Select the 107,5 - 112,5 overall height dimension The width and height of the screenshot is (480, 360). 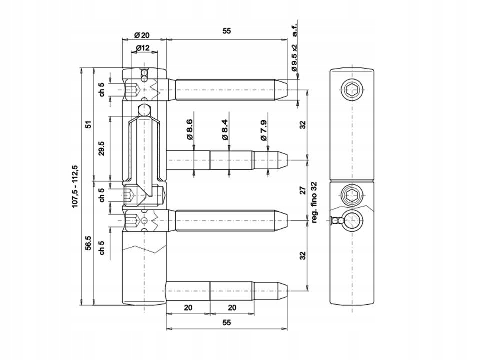pos(75,186)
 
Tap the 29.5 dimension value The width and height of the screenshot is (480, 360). pos(101,149)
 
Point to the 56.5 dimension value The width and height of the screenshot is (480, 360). pos(88,243)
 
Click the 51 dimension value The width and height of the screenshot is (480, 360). pos(88,125)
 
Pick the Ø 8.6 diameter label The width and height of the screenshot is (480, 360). pos(190,129)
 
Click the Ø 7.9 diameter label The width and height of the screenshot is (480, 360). pos(263,129)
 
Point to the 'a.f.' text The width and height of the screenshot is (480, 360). pos(295,31)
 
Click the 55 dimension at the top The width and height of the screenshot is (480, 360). pos(226,31)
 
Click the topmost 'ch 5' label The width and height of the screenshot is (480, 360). pos(101,89)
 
